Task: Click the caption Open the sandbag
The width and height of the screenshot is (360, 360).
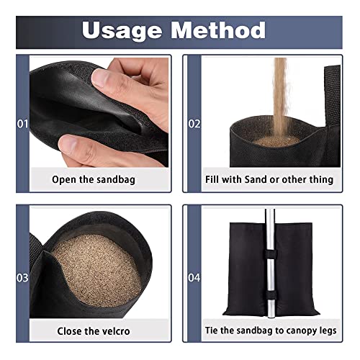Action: click(x=93, y=179)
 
